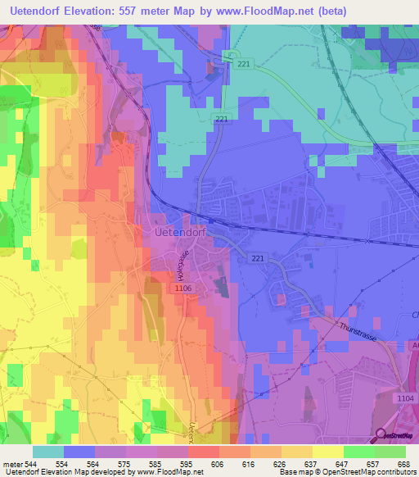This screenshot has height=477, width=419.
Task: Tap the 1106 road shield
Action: click(x=182, y=288)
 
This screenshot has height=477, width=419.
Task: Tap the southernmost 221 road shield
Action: click(x=259, y=259)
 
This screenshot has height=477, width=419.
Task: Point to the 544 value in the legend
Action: click(x=31, y=463)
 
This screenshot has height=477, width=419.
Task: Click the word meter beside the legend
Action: click(x=11, y=463)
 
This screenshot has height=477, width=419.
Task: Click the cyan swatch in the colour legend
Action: click(x=48, y=452)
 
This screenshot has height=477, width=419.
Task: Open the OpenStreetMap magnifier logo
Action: click(x=382, y=435)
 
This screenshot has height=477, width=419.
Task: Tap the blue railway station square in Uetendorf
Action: click(x=211, y=220)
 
